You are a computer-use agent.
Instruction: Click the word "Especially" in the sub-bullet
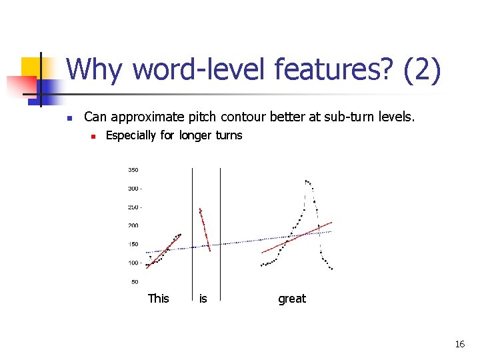pyautogui.click(x=131, y=135)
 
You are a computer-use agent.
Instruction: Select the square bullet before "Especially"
pyautogui.click(x=95, y=136)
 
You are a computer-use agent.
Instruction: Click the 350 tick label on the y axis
pyautogui.click(x=134, y=170)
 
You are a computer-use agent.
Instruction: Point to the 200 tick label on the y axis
pyautogui.click(x=134, y=226)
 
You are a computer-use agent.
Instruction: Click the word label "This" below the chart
pyautogui.click(x=159, y=299)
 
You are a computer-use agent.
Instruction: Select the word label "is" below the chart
pyautogui.click(x=203, y=299)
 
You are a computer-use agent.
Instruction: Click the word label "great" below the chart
pyautogui.click(x=292, y=299)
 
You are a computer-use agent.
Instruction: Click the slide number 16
pyautogui.click(x=459, y=344)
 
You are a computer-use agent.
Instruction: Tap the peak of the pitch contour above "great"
pyautogui.click(x=307, y=181)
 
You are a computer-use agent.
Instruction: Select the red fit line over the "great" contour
pyautogui.click(x=297, y=237)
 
